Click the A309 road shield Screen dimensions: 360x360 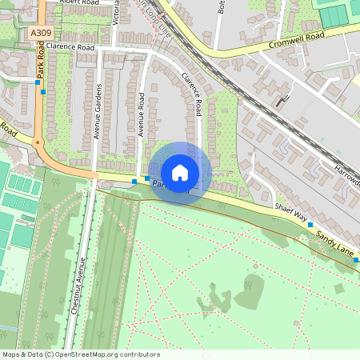pos(42,33)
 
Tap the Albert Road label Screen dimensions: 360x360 pos(80,3)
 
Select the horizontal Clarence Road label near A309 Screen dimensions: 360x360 pos(70,48)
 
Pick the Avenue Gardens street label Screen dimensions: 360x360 pos(98,112)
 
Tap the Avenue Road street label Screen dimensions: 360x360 pos(141,114)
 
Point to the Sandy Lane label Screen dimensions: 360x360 pos(334,238)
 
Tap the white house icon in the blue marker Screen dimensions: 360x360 pos(180,172)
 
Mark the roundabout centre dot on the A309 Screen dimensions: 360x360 pos(38,143)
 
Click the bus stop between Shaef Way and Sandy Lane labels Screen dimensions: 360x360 pos(310,226)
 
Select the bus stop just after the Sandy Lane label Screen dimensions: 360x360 pos(356,259)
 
